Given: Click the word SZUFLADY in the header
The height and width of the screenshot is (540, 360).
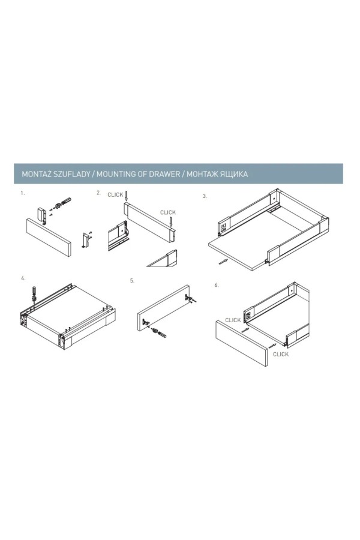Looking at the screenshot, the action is [x=72, y=174].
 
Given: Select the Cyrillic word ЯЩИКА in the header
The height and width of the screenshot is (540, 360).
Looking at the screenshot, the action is [x=233, y=174].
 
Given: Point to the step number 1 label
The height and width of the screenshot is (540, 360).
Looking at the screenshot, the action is [x=23, y=193].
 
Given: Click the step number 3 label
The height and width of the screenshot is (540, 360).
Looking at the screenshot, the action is [x=205, y=196].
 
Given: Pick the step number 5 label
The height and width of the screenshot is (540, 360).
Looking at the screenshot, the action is [x=132, y=281].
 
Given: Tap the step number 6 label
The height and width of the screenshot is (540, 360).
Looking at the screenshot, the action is [x=217, y=285].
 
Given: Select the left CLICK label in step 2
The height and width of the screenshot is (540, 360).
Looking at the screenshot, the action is [x=115, y=195].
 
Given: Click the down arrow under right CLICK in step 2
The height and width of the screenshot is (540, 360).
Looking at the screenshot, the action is [x=171, y=222].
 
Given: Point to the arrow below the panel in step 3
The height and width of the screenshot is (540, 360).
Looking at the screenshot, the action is [x=223, y=262].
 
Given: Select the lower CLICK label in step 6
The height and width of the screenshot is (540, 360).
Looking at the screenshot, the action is [x=281, y=355].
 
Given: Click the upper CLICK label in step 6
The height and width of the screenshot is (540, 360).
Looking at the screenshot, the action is [x=233, y=320].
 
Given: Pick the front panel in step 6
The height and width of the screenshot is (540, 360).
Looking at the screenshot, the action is [x=241, y=343].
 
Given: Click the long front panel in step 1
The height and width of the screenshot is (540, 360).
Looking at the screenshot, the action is [x=49, y=237].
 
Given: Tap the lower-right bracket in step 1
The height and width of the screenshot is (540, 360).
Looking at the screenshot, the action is [x=86, y=240].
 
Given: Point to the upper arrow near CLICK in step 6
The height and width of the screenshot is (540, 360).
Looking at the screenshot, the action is [x=245, y=330].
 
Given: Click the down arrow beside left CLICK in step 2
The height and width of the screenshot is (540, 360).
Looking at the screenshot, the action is [x=127, y=196].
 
